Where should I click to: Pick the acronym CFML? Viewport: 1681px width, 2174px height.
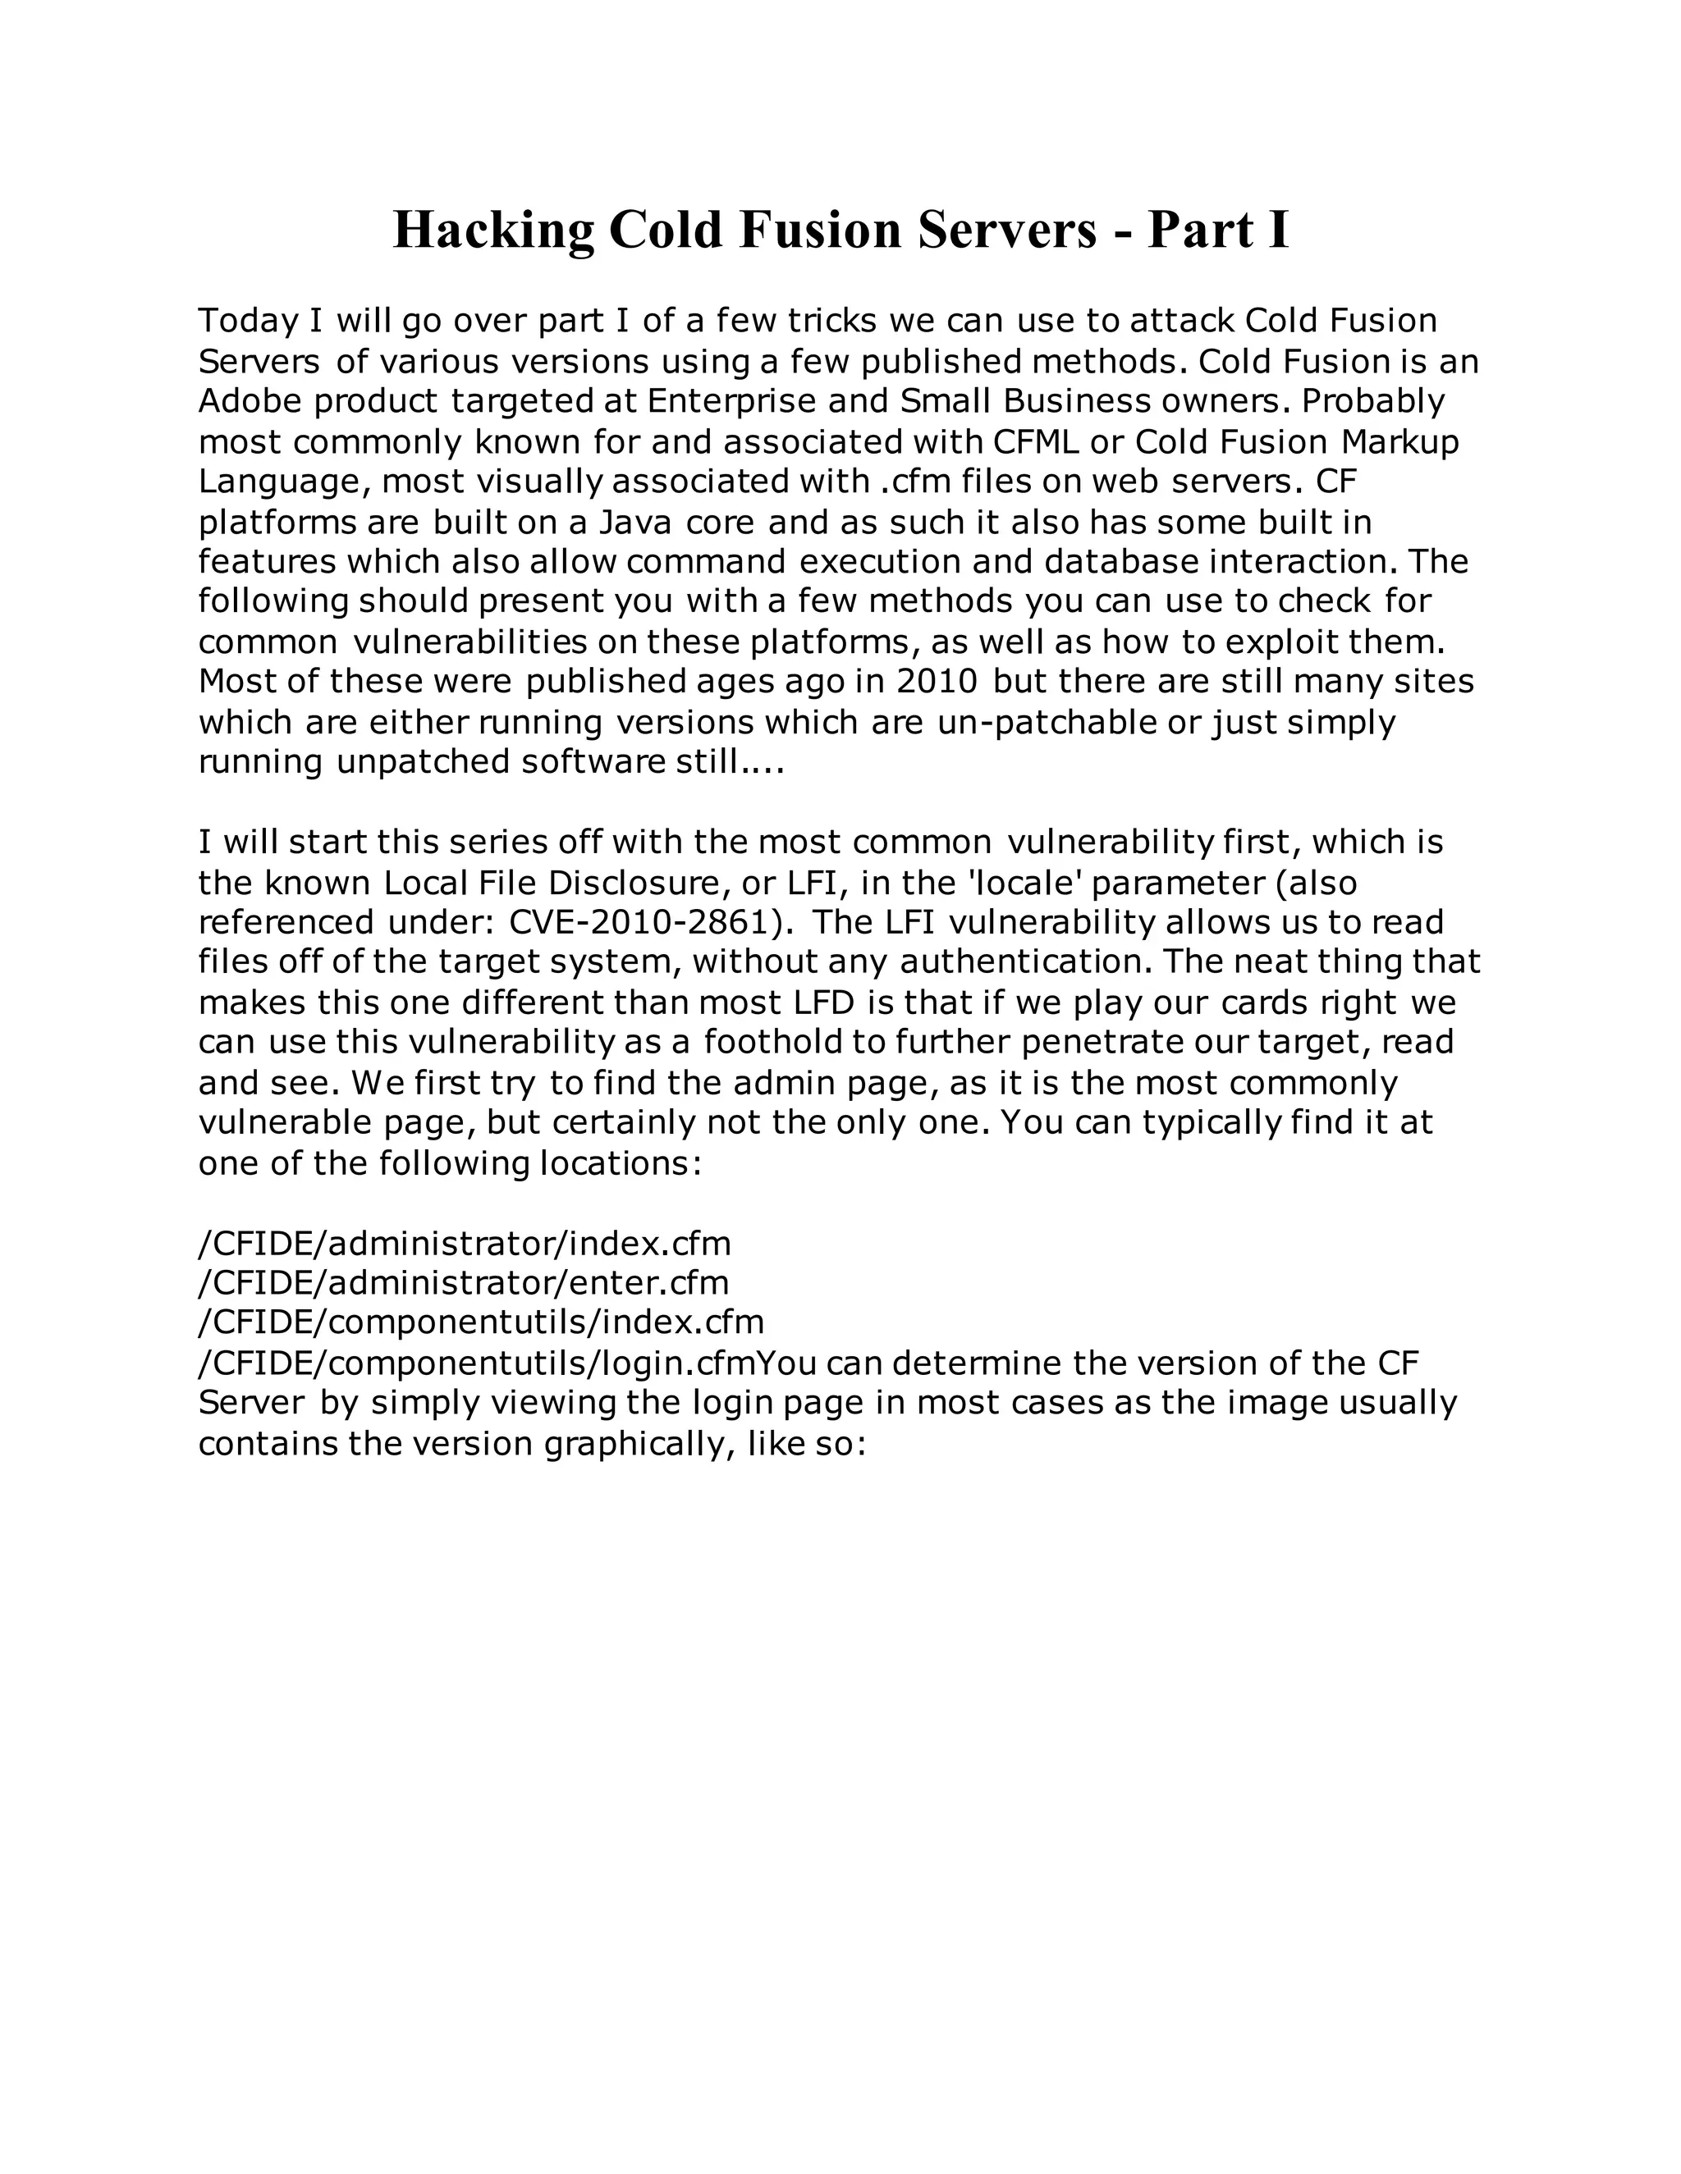coord(1037,441)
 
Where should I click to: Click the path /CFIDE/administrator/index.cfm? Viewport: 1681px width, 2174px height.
coord(465,1243)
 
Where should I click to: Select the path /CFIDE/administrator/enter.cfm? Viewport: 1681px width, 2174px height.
coord(464,1282)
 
